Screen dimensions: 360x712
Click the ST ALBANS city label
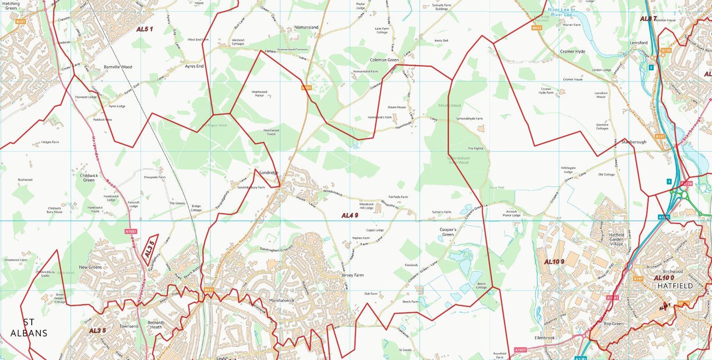pyautogui.click(x=29, y=327)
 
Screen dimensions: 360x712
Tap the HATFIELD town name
pyautogui.click(x=675, y=285)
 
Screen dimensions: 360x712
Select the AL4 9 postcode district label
pyautogui.click(x=350, y=215)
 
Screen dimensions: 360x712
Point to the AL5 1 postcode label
pyautogui.click(x=144, y=29)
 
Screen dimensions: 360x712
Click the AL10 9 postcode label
pyautogui.click(x=554, y=262)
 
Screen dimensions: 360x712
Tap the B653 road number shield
pyautogui.click(x=537, y=27)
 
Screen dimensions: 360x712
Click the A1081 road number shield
pyautogui.click(x=131, y=231)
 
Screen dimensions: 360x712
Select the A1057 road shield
pyautogui.click(x=521, y=350)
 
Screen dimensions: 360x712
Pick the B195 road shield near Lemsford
pyautogui.click(x=667, y=51)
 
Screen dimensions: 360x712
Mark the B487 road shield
pyautogui.click(x=21, y=22)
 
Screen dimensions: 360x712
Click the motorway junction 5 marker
pyautogui.click(x=651, y=67)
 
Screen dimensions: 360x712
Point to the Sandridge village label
pyautogui.click(x=268, y=173)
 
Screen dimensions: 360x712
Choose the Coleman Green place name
pyautogui.click(x=384, y=60)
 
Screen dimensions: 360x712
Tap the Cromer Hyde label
pyautogui.click(x=572, y=51)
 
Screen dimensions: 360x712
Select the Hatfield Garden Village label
pyautogui.click(x=617, y=238)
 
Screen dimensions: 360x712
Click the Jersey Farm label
pyautogui.click(x=352, y=275)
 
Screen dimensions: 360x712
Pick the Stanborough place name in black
pyautogui.click(x=634, y=142)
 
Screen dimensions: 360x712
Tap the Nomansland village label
pyautogui.click(x=306, y=27)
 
